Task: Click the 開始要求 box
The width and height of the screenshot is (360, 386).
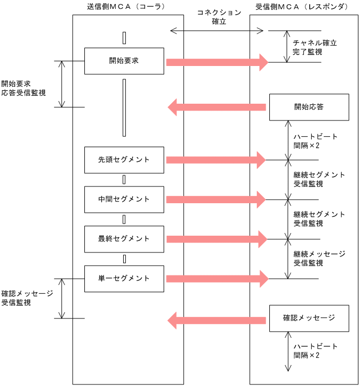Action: click(x=124, y=60)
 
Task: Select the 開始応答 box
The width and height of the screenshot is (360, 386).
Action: click(x=309, y=107)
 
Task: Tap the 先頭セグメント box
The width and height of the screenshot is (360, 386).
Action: click(x=124, y=160)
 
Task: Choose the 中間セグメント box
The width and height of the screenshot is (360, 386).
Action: click(x=124, y=199)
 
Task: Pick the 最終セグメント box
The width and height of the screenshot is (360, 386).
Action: click(x=124, y=239)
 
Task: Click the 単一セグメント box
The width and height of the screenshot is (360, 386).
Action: click(x=124, y=278)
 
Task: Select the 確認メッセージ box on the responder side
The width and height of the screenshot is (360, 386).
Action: click(x=309, y=318)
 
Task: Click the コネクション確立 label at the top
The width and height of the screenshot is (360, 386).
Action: click(x=219, y=17)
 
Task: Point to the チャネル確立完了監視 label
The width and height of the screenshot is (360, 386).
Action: click(x=314, y=47)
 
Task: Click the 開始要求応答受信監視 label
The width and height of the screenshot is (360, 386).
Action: click(x=23, y=88)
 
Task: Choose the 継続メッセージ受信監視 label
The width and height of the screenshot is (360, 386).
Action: click(x=319, y=258)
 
